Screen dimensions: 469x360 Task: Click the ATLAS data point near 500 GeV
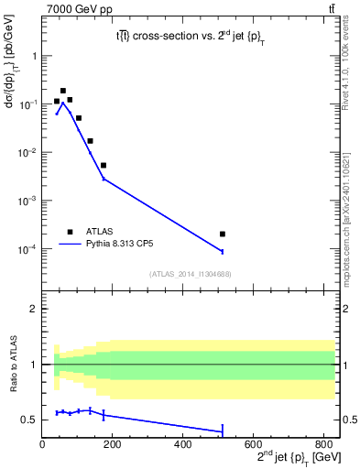223,234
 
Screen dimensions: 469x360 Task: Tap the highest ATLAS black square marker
63,91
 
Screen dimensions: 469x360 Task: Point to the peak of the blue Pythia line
63,104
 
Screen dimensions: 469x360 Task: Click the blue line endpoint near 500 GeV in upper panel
223,251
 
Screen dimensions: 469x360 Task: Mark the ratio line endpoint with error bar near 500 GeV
223,431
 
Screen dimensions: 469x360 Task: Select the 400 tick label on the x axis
182,445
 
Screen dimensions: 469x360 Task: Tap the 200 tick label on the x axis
113,445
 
